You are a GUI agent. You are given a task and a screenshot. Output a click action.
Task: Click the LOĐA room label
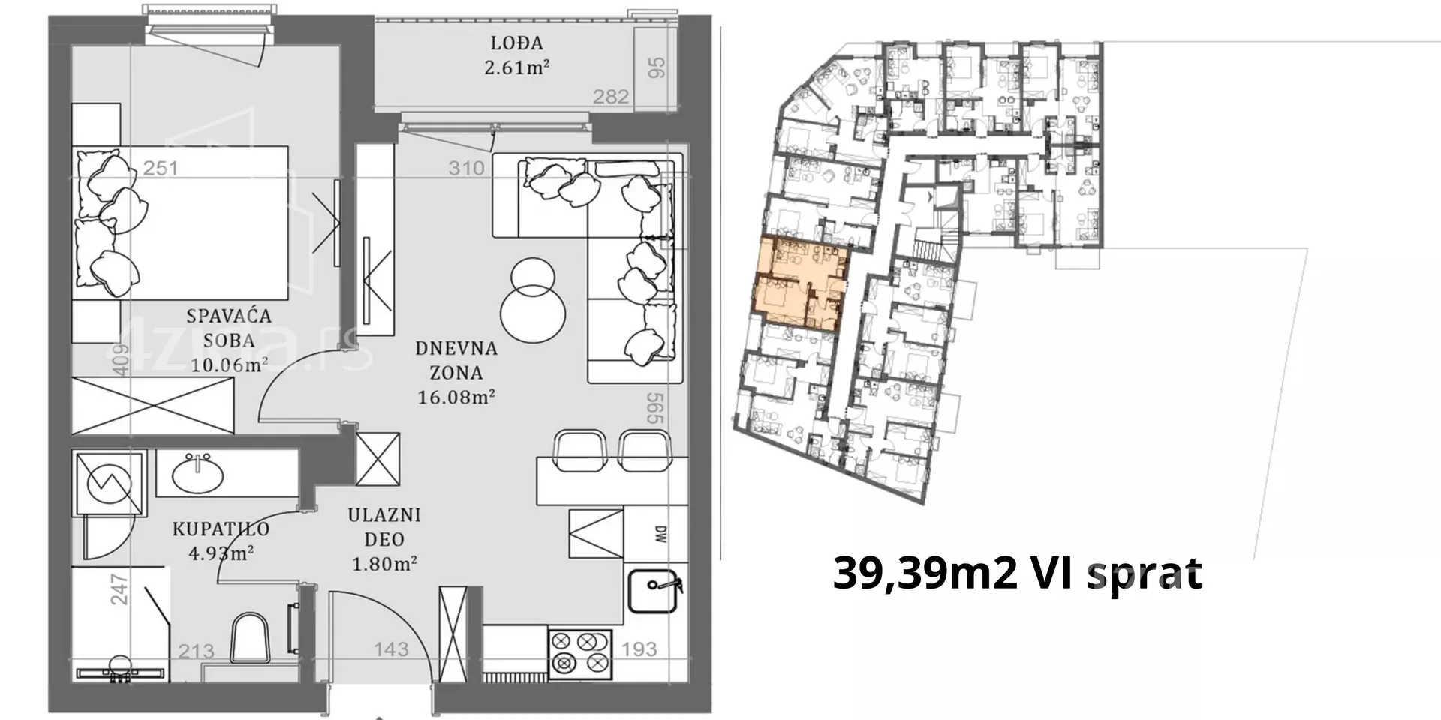point(516,43)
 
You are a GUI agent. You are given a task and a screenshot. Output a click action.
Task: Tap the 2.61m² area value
point(516,67)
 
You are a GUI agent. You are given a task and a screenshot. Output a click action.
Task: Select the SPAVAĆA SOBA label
point(230,328)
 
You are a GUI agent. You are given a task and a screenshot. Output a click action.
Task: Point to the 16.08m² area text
point(456,397)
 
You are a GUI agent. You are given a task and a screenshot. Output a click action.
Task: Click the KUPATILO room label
point(221,529)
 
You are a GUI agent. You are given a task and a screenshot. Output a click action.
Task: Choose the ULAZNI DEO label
point(384,527)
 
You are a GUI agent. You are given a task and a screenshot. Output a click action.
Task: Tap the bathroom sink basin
point(197,474)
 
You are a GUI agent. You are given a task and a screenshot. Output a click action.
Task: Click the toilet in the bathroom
point(249,638)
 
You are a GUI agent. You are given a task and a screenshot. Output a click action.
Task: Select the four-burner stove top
point(580,654)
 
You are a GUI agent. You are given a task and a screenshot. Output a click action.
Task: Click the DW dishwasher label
point(660,535)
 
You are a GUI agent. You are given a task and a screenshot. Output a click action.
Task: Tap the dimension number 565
point(655,408)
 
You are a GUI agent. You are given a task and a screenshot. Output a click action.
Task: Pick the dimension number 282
point(611,97)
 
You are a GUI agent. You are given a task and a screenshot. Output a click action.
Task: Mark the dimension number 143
point(391,649)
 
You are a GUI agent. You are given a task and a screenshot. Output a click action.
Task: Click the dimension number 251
point(161,168)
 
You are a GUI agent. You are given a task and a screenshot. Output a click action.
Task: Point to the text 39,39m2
point(925,574)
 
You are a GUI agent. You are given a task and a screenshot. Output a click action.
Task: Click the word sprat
point(1145,575)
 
